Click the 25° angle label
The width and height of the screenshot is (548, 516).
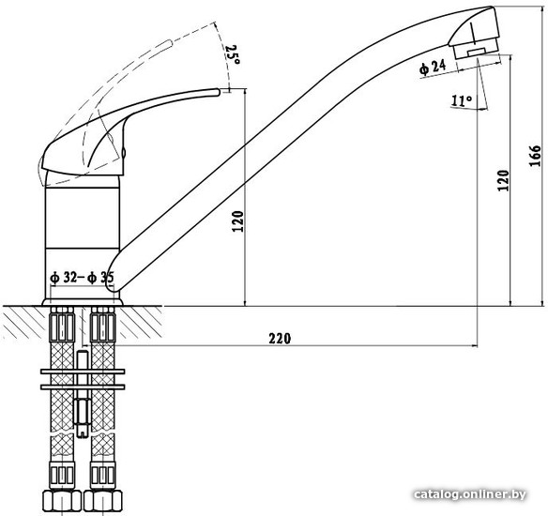click(233, 55)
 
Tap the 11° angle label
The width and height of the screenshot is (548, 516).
click(462, 100)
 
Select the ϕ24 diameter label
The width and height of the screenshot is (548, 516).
click(433, 67)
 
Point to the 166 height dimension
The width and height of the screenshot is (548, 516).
click(535, 156)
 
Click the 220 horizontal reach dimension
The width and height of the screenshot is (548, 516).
click(280, 338)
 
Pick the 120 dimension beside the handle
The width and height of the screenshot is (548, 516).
click(237, 221)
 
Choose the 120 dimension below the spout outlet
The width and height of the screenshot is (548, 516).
click(504, 180)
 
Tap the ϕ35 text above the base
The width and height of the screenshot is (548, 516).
click(100, 278)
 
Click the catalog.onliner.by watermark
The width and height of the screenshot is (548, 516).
click(470, 494)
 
